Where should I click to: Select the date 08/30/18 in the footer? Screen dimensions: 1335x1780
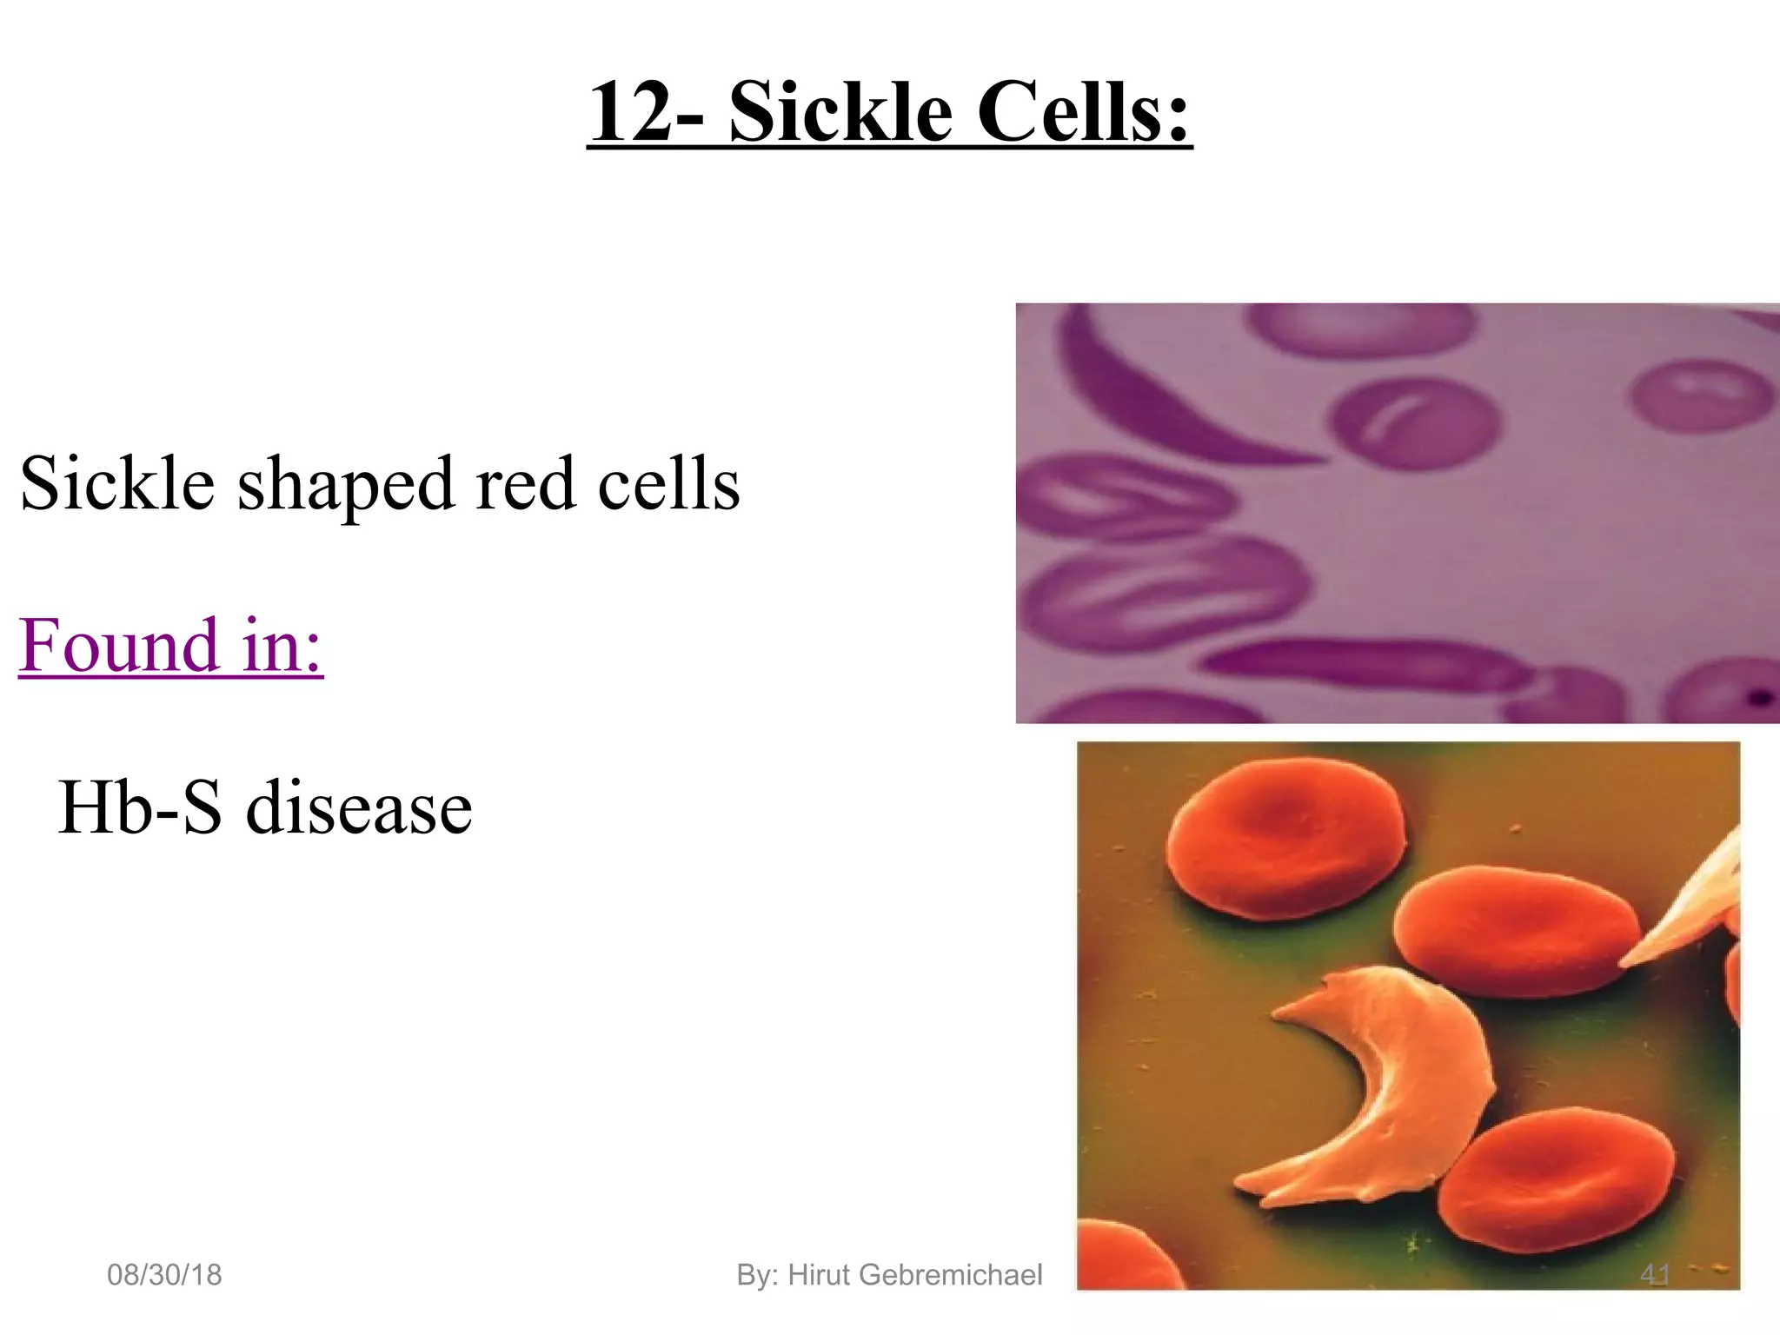[164, 1275]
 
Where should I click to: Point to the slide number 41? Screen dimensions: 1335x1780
[1655, 1275]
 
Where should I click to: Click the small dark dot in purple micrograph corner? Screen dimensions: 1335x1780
[1760, 696]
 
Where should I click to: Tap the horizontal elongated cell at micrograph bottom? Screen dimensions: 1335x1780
[1356, 665]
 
